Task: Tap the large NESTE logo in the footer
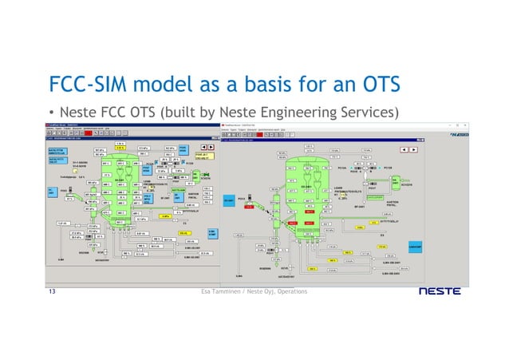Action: [439, 292]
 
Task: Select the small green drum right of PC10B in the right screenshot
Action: [397, 180]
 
